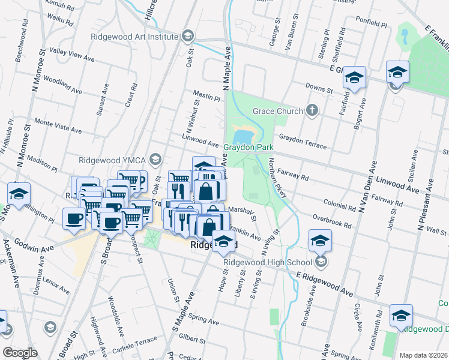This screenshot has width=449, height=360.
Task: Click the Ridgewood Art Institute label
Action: pyautogui.click(x=134, y=36)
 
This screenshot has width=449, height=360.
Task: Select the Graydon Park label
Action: pyautogui.click(x=249, y=147)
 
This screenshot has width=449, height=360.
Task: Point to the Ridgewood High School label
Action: pyautogui.click(x=266, y=262)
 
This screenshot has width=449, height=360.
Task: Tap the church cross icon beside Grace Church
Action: pyautogui.click(x=311, y=110)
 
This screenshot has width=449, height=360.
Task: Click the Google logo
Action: pyautogui.click(x=20, y=352)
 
